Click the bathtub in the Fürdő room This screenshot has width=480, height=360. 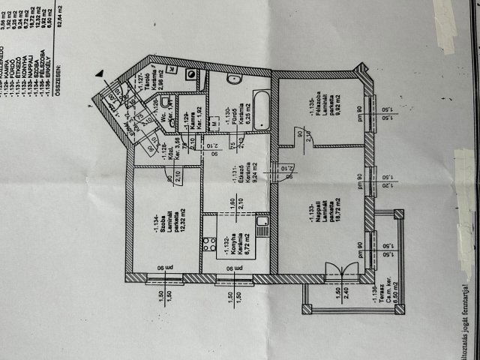tap(262, 108)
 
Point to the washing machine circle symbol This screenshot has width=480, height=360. tap(190, 74)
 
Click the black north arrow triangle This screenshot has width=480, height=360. tap(100, 73)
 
